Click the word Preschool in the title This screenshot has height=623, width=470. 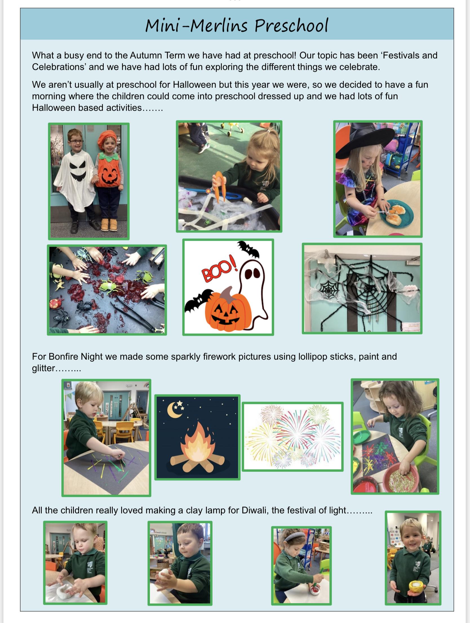tap(292, 26)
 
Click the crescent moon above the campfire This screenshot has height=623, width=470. tap(173, 410)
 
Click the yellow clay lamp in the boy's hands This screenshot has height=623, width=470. tap(417, 586)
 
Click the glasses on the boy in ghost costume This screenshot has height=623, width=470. tap(76, 141)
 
